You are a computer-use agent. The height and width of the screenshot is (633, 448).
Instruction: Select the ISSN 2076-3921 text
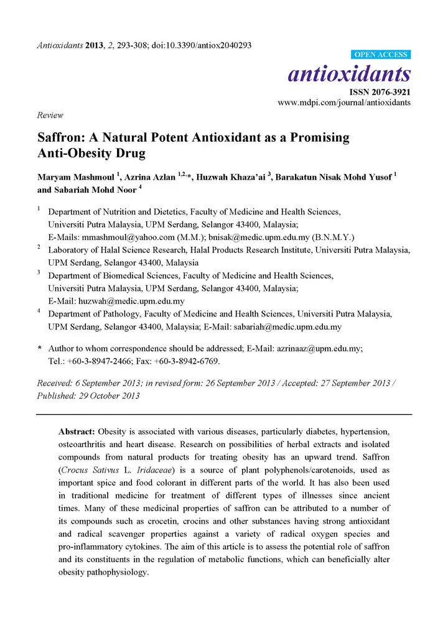(x=378, y=92)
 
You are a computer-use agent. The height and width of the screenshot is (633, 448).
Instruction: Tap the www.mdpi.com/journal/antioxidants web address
(x=344, y=103)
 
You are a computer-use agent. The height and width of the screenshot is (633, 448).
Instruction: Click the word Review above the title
(x=50, y=115)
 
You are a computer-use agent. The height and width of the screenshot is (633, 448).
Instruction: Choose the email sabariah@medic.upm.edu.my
(x=287, y=326)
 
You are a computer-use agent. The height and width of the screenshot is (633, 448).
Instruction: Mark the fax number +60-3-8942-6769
(x=185, y=361)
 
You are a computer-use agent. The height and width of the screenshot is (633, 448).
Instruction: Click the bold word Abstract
(x=77, y=431)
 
